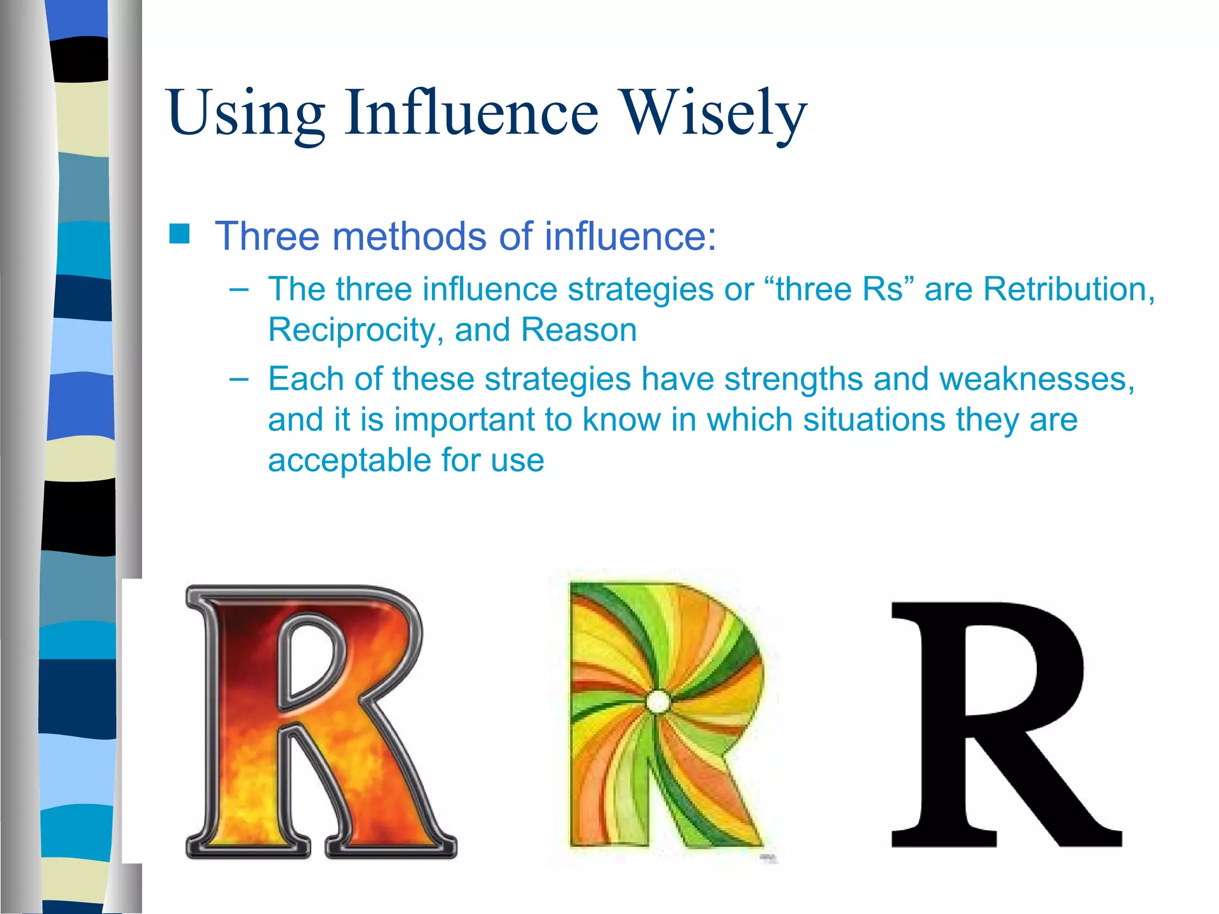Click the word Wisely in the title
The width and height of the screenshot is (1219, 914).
click(x=714, y=113)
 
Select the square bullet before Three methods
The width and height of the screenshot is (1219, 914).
click(x=179, y=234)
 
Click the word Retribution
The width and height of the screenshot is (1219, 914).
click(x=1068, y=289)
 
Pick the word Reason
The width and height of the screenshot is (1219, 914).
click(x=579, y=330)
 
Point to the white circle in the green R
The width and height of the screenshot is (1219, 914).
click(x=658, y=702)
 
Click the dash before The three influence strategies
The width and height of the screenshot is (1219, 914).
click(x=239, y=290)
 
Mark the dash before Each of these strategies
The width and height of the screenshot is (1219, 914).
click(x=239, y=379)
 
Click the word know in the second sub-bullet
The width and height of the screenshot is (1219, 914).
click(x=621, y=420)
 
